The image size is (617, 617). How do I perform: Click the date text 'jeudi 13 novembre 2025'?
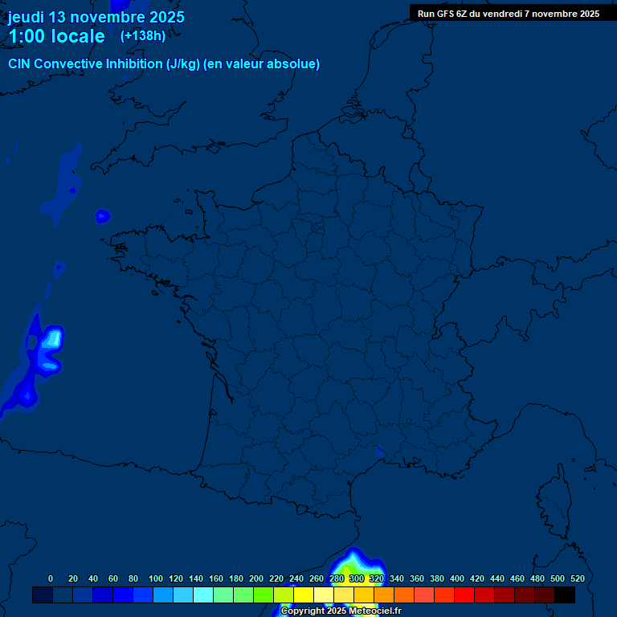pyautogui.click(x=96, y=17)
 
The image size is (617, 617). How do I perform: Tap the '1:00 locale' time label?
pyautogui.click(x=56, y=36)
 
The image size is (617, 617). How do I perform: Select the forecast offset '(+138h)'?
pyautogui.click(x=143, y=35)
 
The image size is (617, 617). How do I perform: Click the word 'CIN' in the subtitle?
pyautogui.click(x=21, y=64)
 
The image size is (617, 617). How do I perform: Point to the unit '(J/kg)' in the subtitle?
pyautogui.click(x=182, y=64)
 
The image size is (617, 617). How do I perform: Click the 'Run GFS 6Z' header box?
pyautogui.click(x=508, y=13)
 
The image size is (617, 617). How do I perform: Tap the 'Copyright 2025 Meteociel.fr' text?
pyautogui.click(x=341, y=611)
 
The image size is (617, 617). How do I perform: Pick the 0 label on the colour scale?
pyautogui.click(x=51, y=578)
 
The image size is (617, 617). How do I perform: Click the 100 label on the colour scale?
pyautogui.click(x=156, y=578)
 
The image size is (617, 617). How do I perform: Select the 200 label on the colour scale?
pyautogui.click(x=256, y=578)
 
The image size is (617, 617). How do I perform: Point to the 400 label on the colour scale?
pyautogui.click(x=457, y=578)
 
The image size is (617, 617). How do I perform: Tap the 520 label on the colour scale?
pyautogui.click(x=577, y=578)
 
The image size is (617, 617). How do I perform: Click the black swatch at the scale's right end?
pyautogui.click(x=565, y=595)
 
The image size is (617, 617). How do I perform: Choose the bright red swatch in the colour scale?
pyautogui.click(x=464, y=595)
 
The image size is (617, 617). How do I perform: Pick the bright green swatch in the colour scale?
pyautogui.click(x=264, y=595)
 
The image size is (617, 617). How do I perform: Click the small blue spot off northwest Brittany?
pyautogui.click(x=102, y=215)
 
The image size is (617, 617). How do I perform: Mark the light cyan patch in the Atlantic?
pyautogui.click(x=52, y=338)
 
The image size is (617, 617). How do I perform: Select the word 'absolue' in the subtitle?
pyautogui.click(x=294, y=64)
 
